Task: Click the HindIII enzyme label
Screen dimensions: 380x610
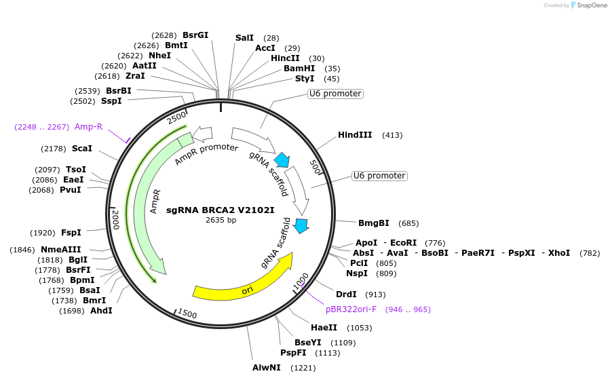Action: tap(355, 135)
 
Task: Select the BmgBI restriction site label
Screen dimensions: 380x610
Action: tap(374, 223)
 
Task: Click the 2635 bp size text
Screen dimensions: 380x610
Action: tap(221, 220)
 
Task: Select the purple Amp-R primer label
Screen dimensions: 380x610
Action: tap(89, 126)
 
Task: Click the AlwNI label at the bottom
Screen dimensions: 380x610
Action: tap(267, 368)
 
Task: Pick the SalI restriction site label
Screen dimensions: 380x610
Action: tap(244, 38)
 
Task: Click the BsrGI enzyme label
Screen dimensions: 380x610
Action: tap(195, 35)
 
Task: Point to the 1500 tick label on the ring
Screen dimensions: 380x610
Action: tap(187, 314)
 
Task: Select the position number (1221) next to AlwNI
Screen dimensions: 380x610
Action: tap(303, 368)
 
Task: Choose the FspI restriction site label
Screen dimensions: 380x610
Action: tap(71, 233)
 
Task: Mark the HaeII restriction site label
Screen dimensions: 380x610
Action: tap(324, 328)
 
